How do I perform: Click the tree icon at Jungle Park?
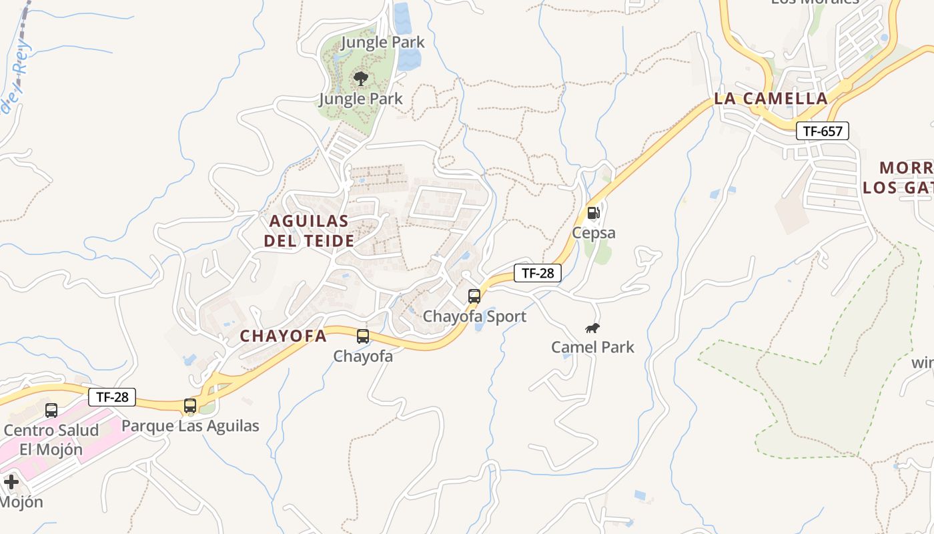(361, 79)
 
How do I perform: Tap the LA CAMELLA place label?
(771, 98)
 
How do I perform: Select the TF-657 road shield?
(823, 131)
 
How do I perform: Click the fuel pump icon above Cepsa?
(593, 213)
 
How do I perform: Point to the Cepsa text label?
(593, 233)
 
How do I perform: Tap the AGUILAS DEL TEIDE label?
(309, 230)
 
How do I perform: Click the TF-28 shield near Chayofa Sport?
(537, 272)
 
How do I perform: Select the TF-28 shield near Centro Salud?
(112, 397)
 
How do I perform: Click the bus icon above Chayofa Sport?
(474, 296)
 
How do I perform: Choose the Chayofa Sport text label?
(474, 316)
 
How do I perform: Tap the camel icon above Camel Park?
(592, 327)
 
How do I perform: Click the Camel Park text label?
(592, 347)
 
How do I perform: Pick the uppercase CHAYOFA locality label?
(284, 336)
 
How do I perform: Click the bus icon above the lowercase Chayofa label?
(363, 336)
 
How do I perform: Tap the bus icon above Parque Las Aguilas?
(190, 405)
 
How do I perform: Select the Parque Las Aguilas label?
(190, 425)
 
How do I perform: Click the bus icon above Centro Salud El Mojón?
(51, 410)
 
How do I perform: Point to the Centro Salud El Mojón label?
(51, 439)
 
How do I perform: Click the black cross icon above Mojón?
(11, 481)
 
